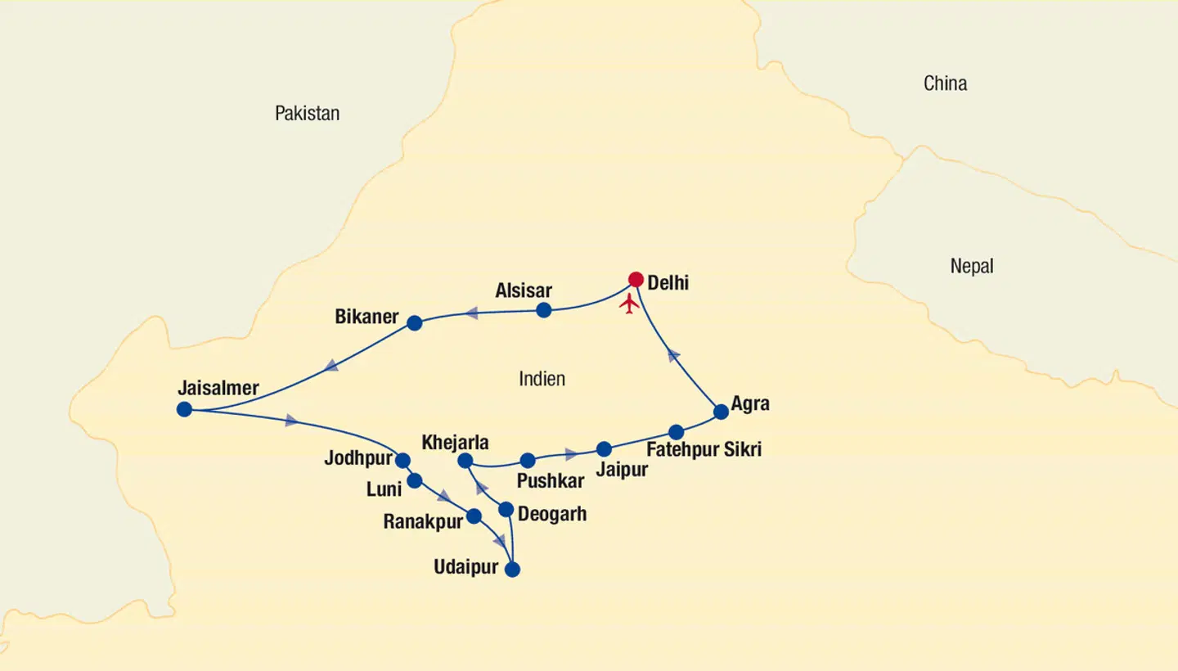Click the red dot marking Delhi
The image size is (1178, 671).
point(636,280)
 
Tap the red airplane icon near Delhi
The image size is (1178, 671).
point(629,304)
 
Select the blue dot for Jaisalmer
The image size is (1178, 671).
point(184,409)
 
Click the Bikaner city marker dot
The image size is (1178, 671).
point(415,323)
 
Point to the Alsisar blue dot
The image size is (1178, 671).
point(543,310)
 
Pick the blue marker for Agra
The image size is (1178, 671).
point(721,412)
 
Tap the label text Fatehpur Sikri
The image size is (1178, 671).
point(704,450)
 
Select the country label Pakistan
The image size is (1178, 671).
point(307,114)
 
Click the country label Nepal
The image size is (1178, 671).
point(972,266)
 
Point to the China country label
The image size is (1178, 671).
point(945,83)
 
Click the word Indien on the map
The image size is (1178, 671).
point(542,379)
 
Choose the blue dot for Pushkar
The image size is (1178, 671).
point(528,461)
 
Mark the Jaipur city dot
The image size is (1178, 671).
point(604,449)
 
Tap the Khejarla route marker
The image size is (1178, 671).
point(465,461)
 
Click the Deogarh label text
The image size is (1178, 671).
point(552,516)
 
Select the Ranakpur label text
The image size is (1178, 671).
point(423,522)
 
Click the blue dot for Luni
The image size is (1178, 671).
point(415,480)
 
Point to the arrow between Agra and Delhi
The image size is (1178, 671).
point(673,354)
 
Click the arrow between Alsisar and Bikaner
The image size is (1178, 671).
point(471,313)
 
